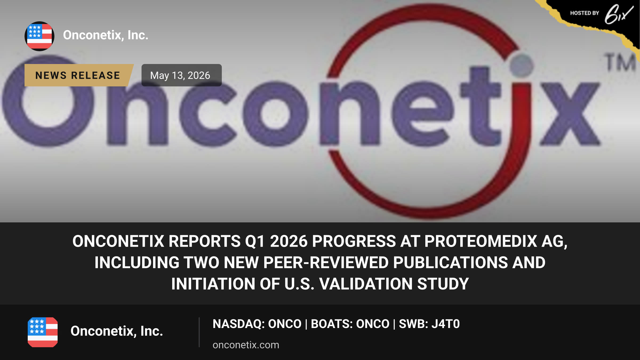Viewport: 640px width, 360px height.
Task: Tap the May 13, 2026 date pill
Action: point(181,75)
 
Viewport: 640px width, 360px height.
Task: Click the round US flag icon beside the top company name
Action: point(39,36)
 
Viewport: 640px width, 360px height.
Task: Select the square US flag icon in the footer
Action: point(43,332)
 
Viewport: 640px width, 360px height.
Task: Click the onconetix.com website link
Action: point(246,345)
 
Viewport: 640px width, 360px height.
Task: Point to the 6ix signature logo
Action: point(619,14)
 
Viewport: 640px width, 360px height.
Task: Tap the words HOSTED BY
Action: point(585,13)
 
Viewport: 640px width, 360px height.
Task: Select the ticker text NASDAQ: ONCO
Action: point(257,324)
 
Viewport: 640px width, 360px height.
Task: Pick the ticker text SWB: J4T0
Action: point(429,324)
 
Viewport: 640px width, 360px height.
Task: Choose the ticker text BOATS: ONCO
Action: point(350,324)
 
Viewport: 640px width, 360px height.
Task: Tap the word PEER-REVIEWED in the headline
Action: point(326,262)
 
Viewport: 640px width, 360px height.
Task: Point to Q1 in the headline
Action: point(255,241)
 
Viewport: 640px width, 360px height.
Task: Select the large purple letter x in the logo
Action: point(570,114)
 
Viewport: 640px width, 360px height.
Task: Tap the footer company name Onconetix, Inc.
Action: point(117,331)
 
